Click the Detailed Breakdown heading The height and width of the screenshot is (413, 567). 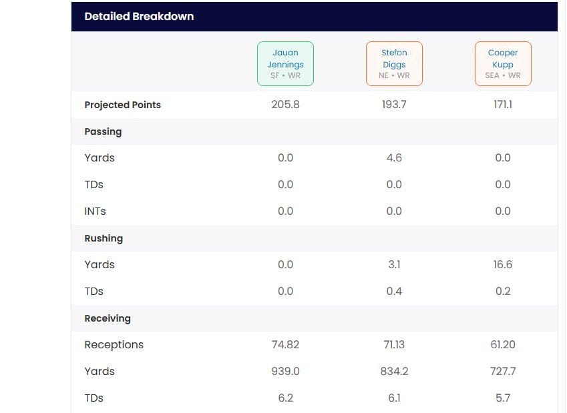(139, 17)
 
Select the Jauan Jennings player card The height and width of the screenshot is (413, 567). (285, 64)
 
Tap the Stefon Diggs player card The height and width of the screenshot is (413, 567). (394, 64)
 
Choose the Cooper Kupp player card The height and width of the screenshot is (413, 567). (502, 64)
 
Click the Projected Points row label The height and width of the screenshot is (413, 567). (122, 105)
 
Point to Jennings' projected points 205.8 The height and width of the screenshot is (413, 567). (285, 105)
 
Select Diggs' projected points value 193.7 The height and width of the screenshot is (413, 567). (394, 105)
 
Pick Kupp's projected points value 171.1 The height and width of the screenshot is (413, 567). (502, 105)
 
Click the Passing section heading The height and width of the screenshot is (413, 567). (103, 131)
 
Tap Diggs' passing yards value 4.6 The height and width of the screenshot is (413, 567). (394, 158)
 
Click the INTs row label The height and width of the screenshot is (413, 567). (95, 212)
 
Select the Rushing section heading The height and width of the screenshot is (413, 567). (104, 238)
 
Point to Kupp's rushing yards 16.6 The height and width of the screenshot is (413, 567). (502, 265)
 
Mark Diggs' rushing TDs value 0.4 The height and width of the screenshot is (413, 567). (394, 292)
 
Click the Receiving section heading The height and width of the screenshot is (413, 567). (108, 318)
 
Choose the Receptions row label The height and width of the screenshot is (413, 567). (114, 345)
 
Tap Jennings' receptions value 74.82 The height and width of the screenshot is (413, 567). (285, 345)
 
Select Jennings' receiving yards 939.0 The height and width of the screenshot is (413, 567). (285, 372)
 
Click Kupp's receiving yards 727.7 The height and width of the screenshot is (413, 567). (502, 372)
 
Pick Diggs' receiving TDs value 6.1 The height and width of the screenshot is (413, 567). (394, 398)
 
